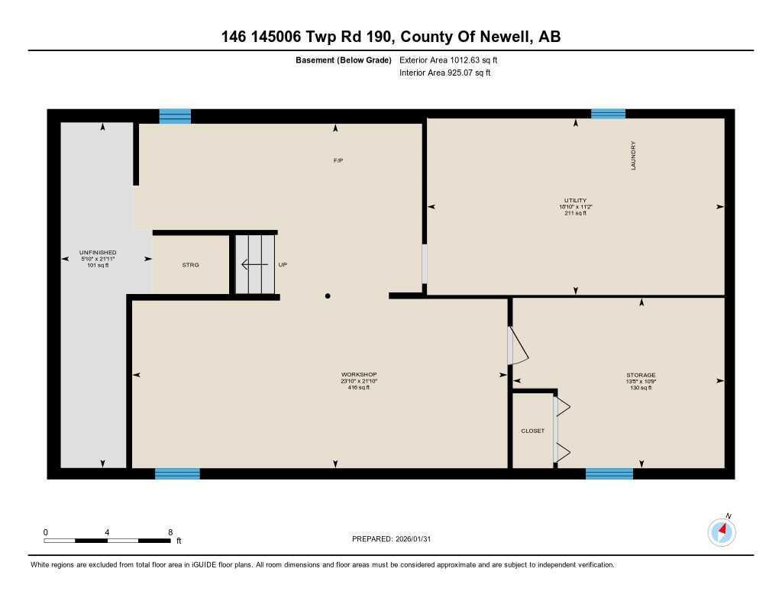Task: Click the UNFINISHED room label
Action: coord(98,252)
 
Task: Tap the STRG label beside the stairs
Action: coord(190,265)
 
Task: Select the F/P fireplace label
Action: coord(338,160)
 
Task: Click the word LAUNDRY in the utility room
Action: coord(633,155)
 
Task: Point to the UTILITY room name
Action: coord(575,200)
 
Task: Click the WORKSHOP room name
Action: coord(354,374)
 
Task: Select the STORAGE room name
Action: coord(641,375)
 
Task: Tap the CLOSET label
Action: coord(532,431)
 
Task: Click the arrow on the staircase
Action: coord(254,265)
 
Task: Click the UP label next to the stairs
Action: coord(283,265)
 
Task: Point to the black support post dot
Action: coord(328,296)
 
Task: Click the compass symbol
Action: coord(722,531)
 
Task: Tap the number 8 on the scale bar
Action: coord(170,532)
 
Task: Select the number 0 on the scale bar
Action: coord(46,532)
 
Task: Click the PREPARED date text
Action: coord(396,539)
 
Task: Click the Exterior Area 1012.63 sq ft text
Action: coord(448,60)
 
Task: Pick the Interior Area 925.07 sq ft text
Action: coord(444,73)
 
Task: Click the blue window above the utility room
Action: coord(608,114)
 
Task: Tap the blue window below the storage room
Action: coord(609,473)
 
